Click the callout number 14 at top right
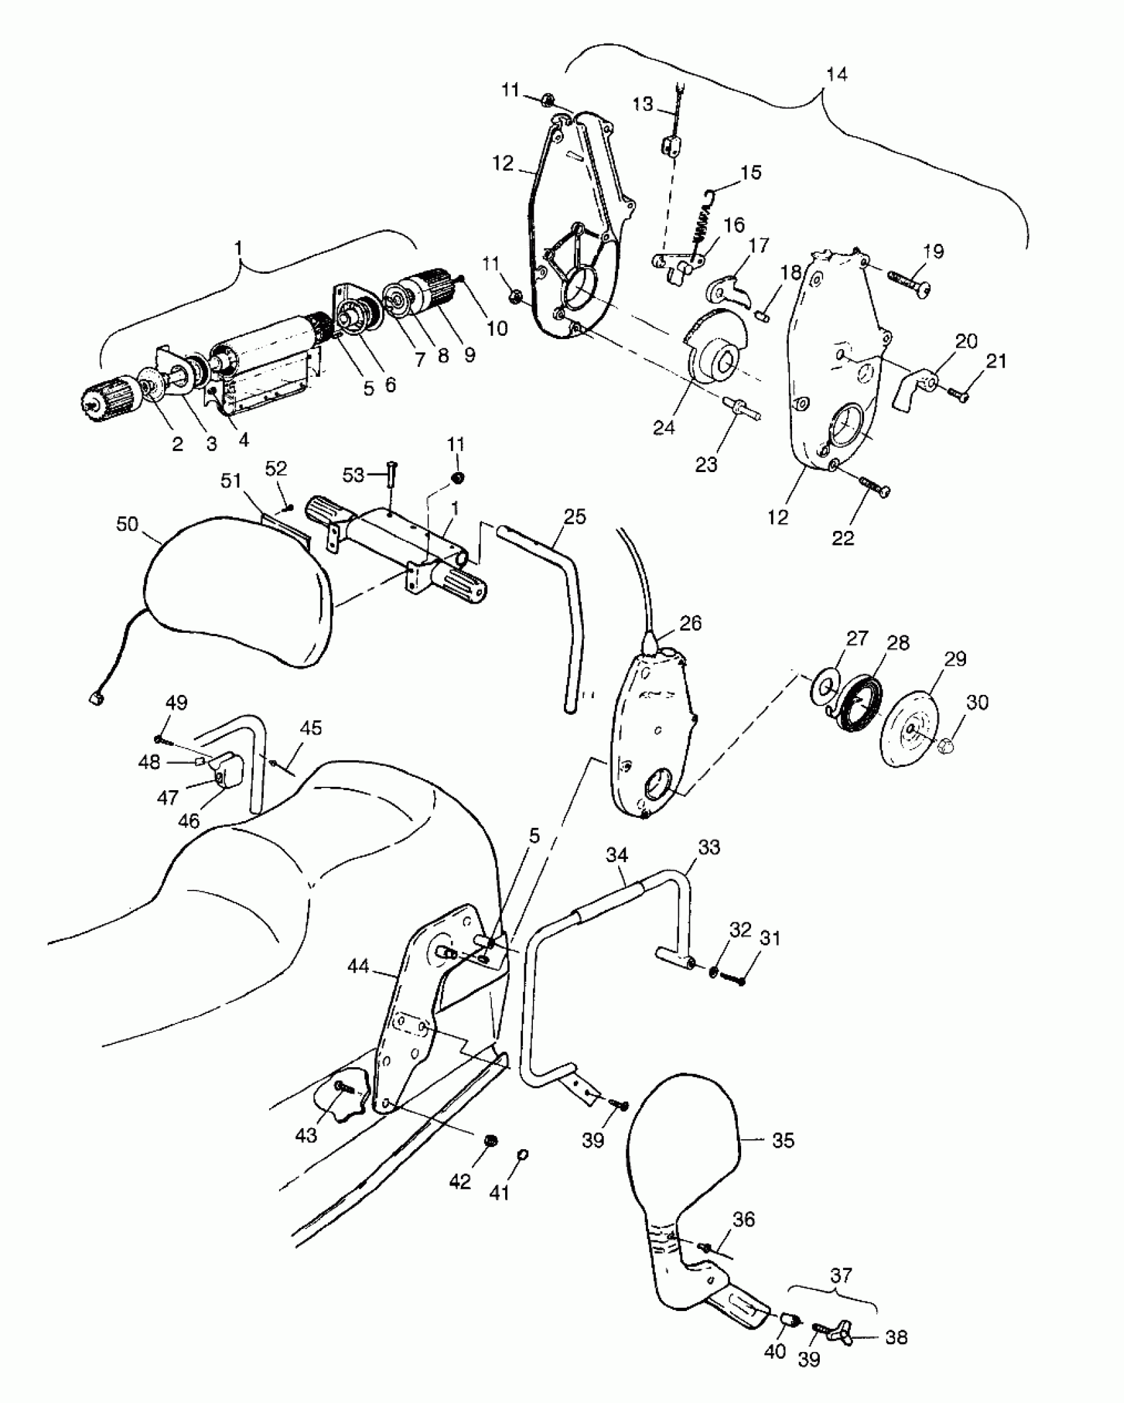tap(836, 74)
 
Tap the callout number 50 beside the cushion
tap(127, 524)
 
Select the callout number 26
tap(690, 623)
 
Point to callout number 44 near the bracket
tap(359, 967)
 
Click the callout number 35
tap(783, 1140)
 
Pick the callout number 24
tap(664, 428)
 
